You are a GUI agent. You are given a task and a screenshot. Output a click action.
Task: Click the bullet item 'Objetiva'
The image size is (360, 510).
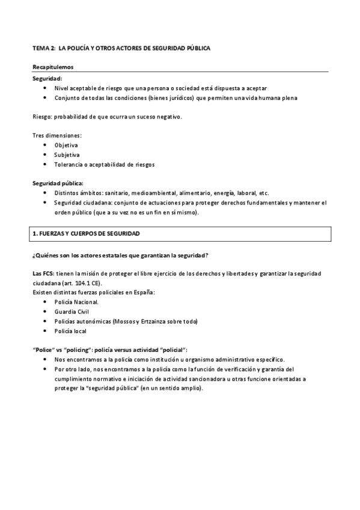(66, 145)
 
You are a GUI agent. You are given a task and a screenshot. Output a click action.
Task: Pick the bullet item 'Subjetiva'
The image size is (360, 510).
(67, 155)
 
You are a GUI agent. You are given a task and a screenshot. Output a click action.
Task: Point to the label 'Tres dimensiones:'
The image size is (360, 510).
(57, 135)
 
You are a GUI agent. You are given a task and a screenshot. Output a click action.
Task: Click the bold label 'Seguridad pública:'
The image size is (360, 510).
(58, 183)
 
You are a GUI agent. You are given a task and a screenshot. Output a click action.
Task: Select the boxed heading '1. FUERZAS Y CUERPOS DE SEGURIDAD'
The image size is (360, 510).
(88, 232)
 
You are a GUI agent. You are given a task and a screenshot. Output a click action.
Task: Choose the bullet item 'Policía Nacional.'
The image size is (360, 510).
(77, 302)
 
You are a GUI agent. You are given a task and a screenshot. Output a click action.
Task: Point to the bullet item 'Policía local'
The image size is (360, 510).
(70, 331)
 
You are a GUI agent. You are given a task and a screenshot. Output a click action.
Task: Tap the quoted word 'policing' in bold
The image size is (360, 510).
(79, 349)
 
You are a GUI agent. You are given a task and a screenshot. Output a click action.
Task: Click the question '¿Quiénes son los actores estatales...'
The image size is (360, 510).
(120, 255)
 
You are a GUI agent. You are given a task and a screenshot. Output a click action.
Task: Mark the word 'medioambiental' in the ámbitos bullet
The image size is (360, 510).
(147, 193)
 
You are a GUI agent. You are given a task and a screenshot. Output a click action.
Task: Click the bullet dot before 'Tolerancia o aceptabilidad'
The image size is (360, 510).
(46, 164)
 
